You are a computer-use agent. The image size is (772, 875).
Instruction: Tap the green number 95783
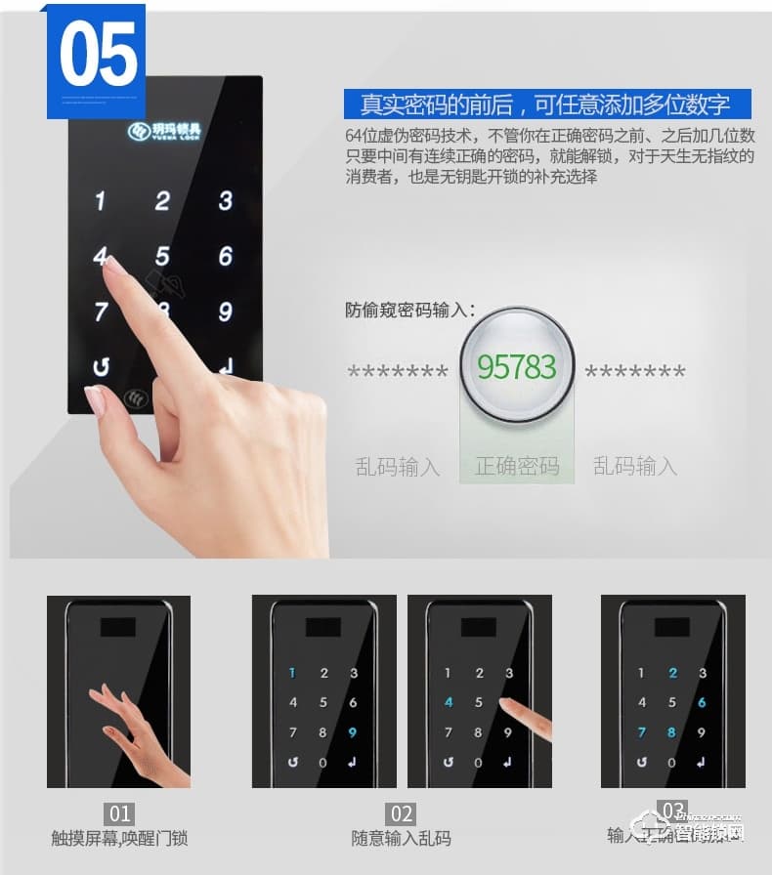pos(516,367)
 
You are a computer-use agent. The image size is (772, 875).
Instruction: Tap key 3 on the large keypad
pos(226,201)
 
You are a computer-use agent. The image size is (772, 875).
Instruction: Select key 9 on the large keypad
pos(226,312)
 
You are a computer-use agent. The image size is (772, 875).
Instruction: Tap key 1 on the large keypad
pos(100,201)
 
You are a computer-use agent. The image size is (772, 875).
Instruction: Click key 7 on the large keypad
pos(101,312)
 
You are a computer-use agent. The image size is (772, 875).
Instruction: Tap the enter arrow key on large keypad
pos(227,368)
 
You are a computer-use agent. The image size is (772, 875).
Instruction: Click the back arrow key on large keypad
pos(100,368)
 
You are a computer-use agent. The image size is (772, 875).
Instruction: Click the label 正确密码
pos(517,466)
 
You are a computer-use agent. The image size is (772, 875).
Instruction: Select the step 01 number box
pos(119,813)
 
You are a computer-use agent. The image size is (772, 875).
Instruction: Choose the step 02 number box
pos(402,813)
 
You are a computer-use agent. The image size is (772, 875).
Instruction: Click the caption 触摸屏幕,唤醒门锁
pos(119,838)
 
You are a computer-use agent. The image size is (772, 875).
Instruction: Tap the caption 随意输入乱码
pos(402,838)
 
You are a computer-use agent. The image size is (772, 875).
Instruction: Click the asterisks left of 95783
pos(398,372)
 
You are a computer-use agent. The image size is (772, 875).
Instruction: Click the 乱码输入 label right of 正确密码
pos(635,466)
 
